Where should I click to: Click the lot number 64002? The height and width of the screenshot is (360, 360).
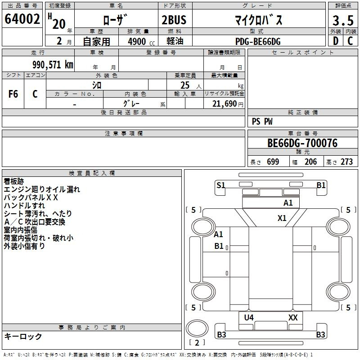pyautogui.click(x=22, y=19)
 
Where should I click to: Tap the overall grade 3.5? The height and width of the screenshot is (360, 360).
pyautogui.click(x=343, y=21)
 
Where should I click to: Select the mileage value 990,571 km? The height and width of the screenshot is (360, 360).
pyautogui.click(x=53, y=65)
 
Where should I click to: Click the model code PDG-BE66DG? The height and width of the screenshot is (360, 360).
pyautogui.click(x=258, y=41)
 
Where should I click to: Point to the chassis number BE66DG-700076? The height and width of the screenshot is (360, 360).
pyautogui.click(x=302, y=143)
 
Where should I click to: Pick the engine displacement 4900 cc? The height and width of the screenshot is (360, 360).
pyautogui.click(x=141, y=41)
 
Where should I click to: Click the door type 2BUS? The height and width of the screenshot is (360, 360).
pyautogui.click(x=174, y=20)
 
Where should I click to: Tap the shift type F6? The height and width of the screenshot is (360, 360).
pyautogui.click(x=13, y=94)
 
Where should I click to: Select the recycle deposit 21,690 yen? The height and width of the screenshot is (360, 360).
pyautogui.click(x=228, y=104)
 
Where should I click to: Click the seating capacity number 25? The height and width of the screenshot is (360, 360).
pyautogui.click(x=185, y=85)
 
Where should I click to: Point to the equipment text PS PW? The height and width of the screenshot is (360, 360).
pyautogui.click(x=262, y=121)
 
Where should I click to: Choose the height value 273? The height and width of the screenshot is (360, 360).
pyautogui.click(x=346, y=162)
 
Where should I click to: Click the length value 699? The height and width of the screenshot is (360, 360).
pyautogui.click(x=273, y=162)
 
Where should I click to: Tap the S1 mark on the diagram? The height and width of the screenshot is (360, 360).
pyautogui.click(x=221, y=185)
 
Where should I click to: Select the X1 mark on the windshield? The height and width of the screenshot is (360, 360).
pyautogui.click(x=282, y=218)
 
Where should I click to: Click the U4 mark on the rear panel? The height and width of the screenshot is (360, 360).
pyautogui.click(x=249, y=318)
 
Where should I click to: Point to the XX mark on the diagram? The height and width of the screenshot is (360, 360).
pyautogui.click(x=293, y=318)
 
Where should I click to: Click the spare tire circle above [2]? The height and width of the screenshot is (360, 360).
pyautogui.click(x=197, y=328)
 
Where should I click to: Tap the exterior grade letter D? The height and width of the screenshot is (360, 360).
pyautogui.click(x=336, y=41)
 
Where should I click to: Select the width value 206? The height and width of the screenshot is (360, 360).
pyautogui.click(x=310, y=162)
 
